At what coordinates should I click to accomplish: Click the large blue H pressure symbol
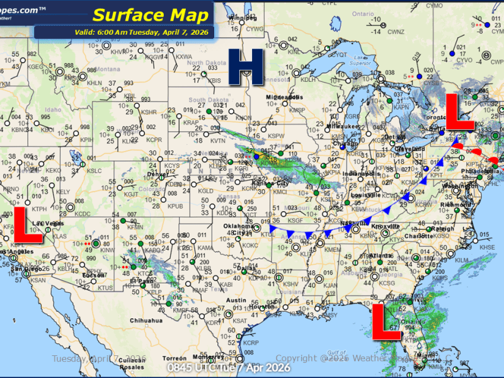click(x=246, y=67)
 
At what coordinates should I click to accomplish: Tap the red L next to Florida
click(x=386, y=322)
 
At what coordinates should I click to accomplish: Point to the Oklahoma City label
click(x=234, y=231)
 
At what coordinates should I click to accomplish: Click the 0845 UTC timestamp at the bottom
click(x=229, y=367)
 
